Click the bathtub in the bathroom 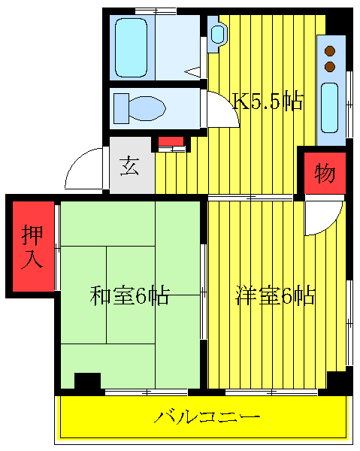[x=132, y=47]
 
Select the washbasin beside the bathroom [x=217, y=34]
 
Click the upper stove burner [x=329, y=51]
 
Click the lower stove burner [x=329, y=66]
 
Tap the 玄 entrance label [x=131, y=165]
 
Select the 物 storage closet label [x=324, y=174]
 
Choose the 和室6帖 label [x=129, y=295]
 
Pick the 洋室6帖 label [x=274, y=295]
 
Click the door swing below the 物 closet [x=321, y=218]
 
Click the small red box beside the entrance [x=171, y=141]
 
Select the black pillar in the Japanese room [x=87, y=382]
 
